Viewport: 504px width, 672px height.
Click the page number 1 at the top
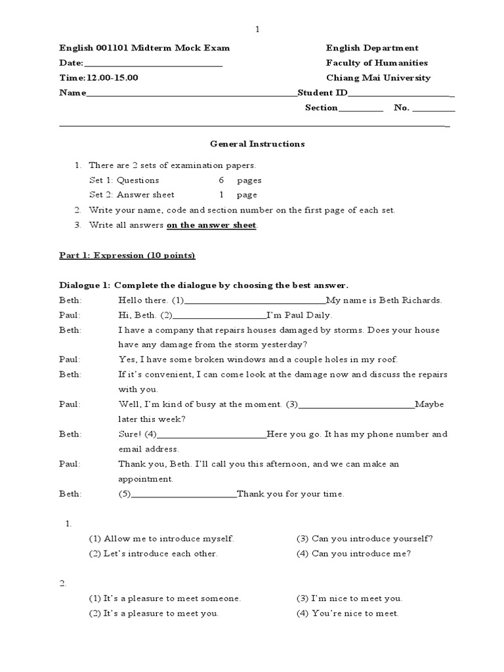tap(258, 30)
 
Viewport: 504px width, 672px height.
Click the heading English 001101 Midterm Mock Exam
tap(144, 48)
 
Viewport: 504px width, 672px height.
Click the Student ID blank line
tap(400, 94)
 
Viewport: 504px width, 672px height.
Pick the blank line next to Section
tap(360, 109)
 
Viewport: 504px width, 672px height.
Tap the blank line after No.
tap(433, 109)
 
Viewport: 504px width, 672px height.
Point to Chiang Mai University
tap(378, 77)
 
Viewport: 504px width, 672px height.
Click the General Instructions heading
tap(257, 144)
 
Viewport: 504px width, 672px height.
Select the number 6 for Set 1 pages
tap(222, 180)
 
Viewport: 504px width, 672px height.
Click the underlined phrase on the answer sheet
tap(212, 225)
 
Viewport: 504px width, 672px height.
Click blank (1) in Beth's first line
tap(256, 301)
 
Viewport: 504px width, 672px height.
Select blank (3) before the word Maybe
tap(357, 405)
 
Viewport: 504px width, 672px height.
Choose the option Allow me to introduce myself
tap(161, 539)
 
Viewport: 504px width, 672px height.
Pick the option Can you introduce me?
tap(354, 553)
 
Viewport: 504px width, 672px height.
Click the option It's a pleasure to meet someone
tap(165, 598)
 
